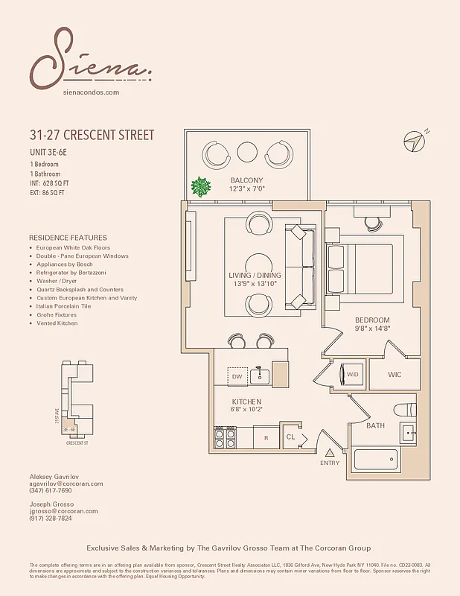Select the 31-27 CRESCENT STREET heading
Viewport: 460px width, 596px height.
(92, 136)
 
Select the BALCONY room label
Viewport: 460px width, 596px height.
(246, 181)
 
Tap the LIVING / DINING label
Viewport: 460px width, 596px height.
(255, 276)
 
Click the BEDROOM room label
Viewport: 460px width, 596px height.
(371, 320)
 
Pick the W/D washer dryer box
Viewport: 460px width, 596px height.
(352, 374)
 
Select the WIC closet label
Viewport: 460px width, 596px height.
(394, 375)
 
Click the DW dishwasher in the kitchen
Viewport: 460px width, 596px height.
(237, 377)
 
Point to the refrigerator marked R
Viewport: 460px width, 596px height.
(266, 437)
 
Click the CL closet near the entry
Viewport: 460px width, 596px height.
(291, 437)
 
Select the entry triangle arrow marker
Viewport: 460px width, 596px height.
(330, 452)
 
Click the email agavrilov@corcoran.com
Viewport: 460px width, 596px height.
(66, 484)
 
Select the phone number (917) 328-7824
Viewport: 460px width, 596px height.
(51, 519)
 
